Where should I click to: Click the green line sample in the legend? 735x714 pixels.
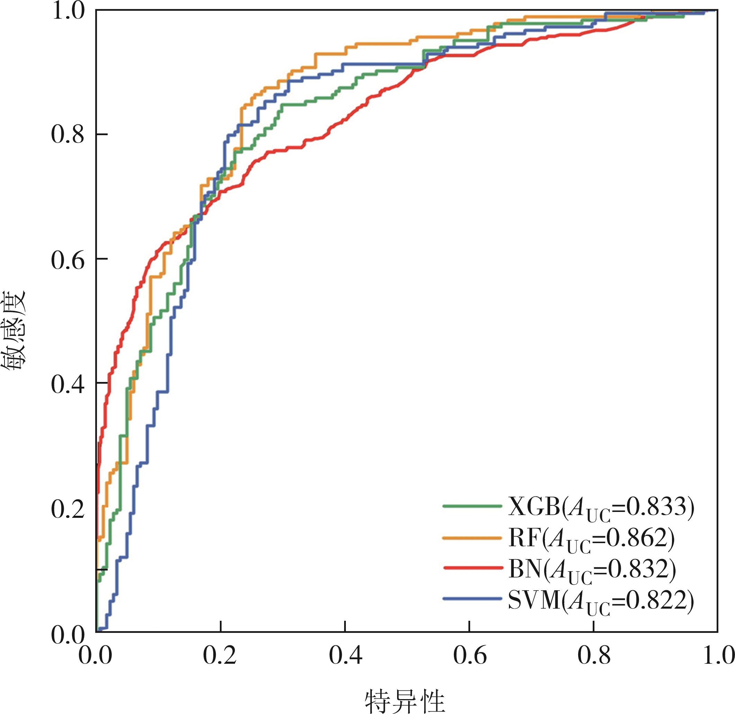pos(472,506)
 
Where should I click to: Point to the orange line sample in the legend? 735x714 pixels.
pos(472,538)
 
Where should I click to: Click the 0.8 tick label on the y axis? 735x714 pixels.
pos(68,134)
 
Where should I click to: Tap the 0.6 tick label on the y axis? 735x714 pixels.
pos(68,259)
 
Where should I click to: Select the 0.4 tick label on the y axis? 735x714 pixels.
pos(68,384)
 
